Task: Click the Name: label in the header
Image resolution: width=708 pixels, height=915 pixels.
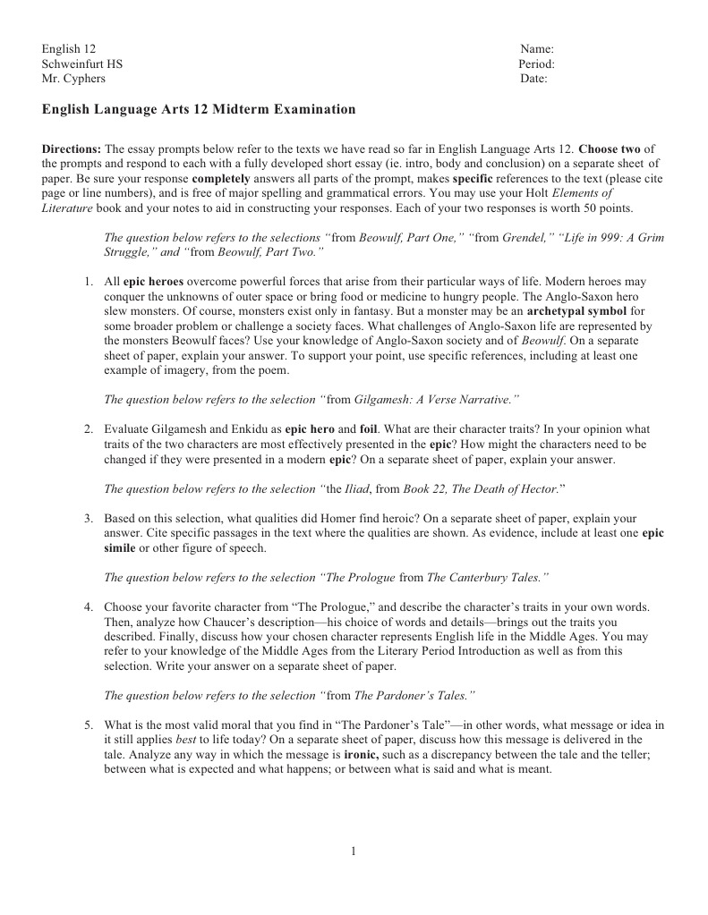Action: point(537,48)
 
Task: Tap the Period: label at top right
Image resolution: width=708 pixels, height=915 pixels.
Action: point(536,64)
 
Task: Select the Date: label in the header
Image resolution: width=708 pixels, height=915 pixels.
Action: point(534,79)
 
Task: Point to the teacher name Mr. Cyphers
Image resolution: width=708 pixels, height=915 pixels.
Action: point(73,79)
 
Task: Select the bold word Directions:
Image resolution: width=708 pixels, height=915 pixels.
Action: point(72,148)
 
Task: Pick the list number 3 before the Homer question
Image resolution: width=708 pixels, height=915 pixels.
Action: point(89,518)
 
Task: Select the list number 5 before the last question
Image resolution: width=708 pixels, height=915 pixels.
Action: point(89,724)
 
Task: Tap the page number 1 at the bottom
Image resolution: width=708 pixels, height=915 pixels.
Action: point(354,851)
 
